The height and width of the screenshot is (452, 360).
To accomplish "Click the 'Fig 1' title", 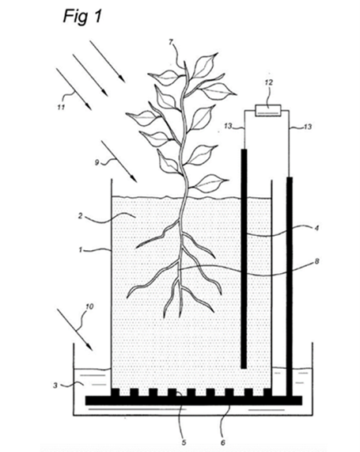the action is pos(82,16).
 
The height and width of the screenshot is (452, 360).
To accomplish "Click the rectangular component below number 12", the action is pos(268,111).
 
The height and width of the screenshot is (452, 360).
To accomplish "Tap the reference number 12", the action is pos(268,82).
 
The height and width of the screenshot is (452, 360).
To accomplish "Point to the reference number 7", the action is pos(171,43).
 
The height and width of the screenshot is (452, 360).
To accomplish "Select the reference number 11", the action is pos(61,107).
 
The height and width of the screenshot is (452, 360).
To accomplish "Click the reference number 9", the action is pos(97,162).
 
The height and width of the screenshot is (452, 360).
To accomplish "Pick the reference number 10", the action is pos(89,306).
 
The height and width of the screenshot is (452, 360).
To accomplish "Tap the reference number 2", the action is pos(81,215).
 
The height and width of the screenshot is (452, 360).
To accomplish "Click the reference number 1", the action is pos(81,249).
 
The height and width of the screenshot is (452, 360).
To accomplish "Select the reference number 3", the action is pos(55,386).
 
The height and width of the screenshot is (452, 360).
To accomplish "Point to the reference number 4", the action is pos(316,228).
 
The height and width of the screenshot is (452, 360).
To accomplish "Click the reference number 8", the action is pos(316,262).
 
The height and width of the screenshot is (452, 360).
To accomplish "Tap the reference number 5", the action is pos(184,443).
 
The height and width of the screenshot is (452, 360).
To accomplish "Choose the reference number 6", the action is pos(222,443).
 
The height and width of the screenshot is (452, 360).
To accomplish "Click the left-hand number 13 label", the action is pos(229,127).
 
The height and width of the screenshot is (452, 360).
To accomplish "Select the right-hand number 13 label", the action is pos(308,127).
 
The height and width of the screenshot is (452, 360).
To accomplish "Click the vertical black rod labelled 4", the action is pos(244,259).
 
